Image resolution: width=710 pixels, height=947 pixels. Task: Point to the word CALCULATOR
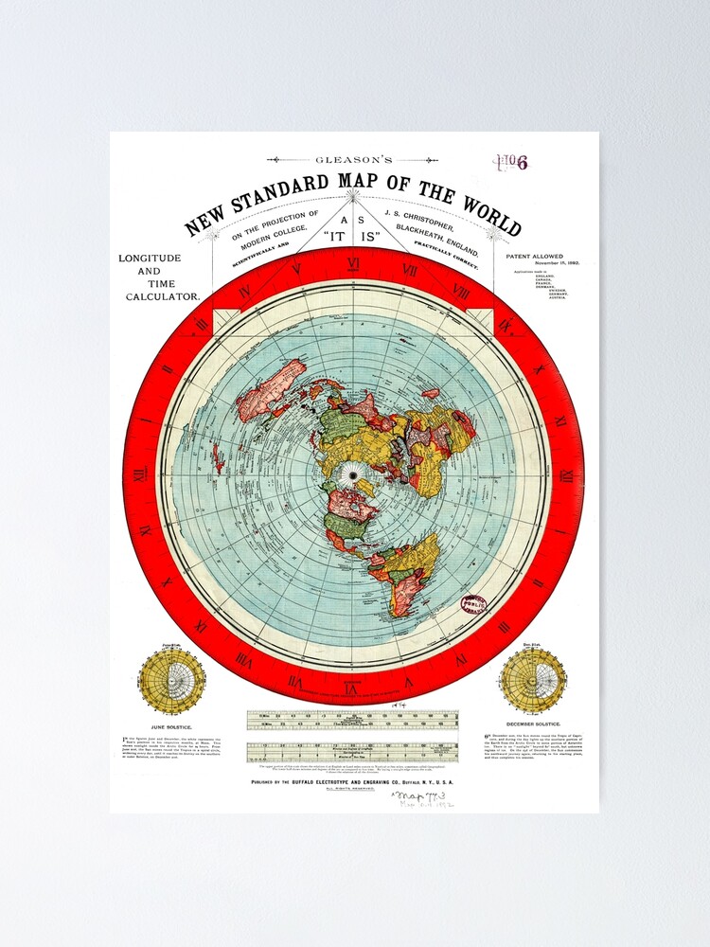[163, 296]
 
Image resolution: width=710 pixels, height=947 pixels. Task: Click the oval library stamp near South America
[473, 606]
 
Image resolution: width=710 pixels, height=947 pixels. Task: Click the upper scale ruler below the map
[353, 722]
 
